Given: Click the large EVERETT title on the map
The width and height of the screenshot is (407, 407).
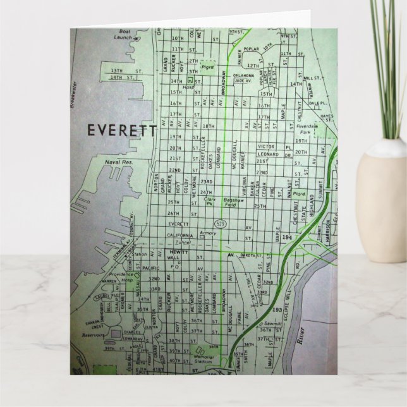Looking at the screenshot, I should coord(122,130).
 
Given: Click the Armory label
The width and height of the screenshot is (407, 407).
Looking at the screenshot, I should coord(208,233).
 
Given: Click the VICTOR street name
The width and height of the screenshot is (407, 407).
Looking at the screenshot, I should coord(266,146).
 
